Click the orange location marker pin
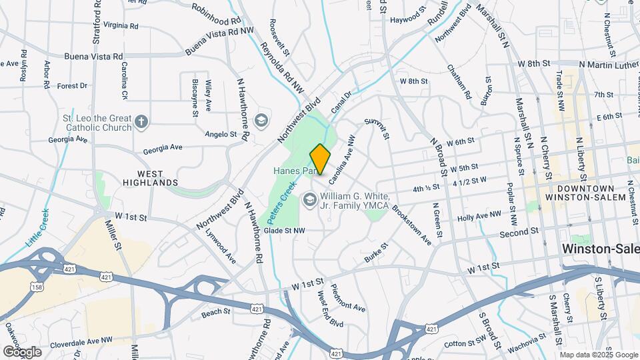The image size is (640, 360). pyautogui.click(x=320, y=159)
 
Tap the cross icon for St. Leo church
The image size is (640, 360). pyautogui.click(x=141, y=121)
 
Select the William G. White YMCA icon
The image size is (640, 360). pyautogui.click(x=309, y=199)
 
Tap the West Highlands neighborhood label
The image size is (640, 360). pyautogui.click(x=149, y=177)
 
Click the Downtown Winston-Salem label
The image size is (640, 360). pyautogui.click(x=585, y=193)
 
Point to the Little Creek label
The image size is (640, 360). pyautogui.click(x=37, y=229)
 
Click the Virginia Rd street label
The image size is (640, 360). pyautogui.click(x=120, y=26)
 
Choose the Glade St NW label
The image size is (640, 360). pyautogui.click(x=284, y=230)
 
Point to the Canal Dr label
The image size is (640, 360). pyautogui.click(x=340, y=103)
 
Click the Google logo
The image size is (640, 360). pyautogui.click(x=22, y=351)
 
